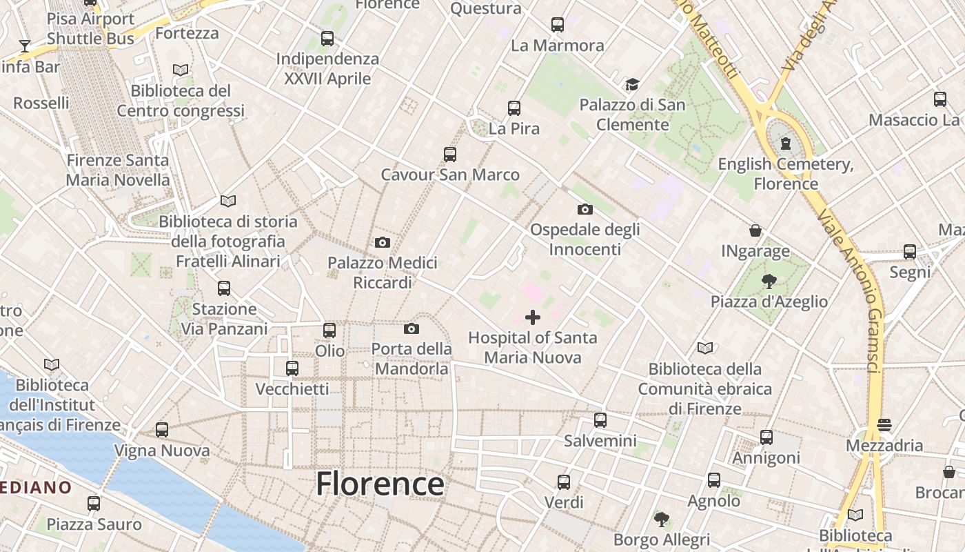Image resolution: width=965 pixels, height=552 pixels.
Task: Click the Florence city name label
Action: point(380,484)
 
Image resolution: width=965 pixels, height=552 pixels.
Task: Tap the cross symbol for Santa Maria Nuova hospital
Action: point(533,317)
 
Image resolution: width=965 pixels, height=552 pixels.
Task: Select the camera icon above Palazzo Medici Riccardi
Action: point(383,242)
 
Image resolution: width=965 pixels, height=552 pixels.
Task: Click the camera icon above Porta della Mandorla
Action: point(412,328)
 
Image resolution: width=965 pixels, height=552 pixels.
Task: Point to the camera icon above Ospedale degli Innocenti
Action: point(585,209)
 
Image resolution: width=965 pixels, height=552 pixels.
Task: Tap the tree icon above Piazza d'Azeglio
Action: point(769,281)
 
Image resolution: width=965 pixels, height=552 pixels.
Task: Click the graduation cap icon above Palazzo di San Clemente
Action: point(632,84)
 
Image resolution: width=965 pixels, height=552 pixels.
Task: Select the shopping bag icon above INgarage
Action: point(755,230)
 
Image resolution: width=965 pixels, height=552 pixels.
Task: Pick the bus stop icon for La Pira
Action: point(514,108)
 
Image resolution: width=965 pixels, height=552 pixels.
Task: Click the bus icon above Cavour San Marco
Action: point(450,155)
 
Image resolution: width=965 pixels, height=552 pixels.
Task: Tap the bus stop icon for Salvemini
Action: point(600,420)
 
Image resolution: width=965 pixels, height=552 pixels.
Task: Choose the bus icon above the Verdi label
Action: point(564,482)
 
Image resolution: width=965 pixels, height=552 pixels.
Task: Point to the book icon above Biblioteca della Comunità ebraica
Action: point(704,348)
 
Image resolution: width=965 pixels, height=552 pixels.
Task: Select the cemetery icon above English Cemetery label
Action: point(785,144)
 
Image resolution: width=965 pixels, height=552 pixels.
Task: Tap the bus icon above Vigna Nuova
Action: point(162,430)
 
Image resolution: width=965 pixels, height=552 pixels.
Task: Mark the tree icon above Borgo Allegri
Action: point(662,518)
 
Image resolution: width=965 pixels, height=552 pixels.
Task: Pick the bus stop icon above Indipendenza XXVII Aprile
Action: point(327,39)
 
